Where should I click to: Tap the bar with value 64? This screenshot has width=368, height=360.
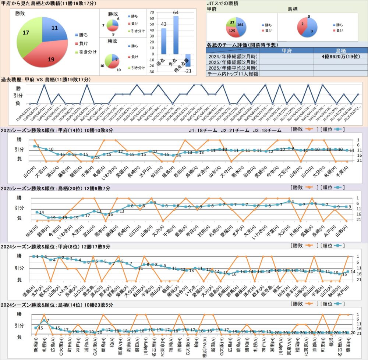tap(176, 35)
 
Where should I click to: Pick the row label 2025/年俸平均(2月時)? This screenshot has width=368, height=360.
tap(232, 68)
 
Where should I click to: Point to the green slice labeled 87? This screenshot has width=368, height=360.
tap(232, 23)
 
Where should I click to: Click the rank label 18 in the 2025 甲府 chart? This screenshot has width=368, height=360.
tap(98, 157)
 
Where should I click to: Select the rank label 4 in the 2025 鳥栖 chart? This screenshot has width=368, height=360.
tap(293, 202)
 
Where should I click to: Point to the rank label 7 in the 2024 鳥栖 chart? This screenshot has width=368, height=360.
tap(47, 320)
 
